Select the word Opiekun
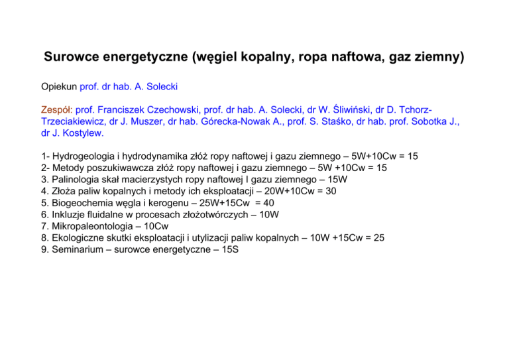(x=58, y=86)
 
